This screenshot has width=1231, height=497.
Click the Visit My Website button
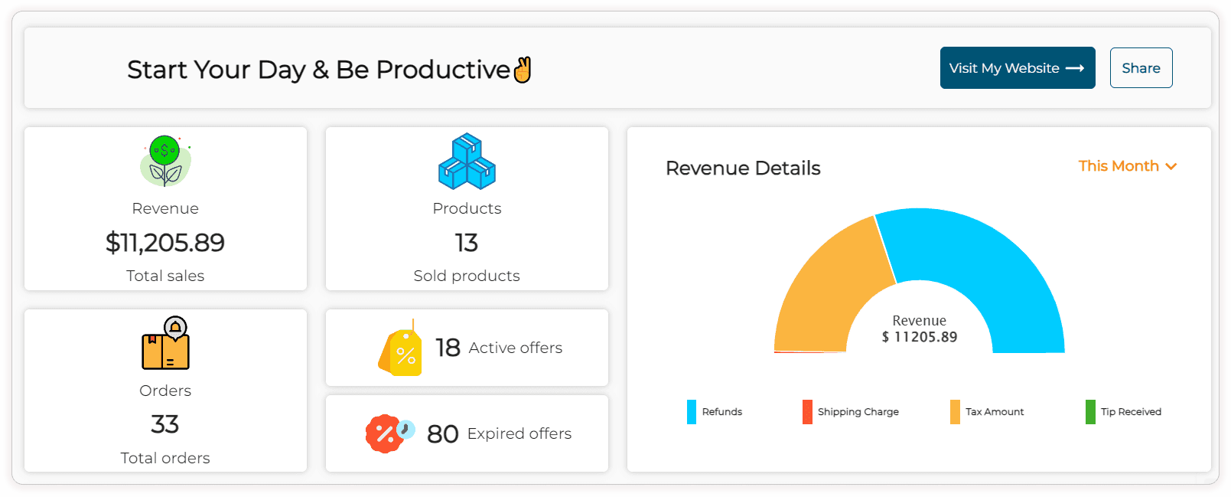(1017, 68)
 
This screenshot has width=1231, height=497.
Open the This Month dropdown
(1127, 166)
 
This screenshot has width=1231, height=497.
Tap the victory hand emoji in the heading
(523, 70)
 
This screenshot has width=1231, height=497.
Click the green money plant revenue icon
(165, 162)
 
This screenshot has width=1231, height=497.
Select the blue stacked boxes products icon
(467, 162)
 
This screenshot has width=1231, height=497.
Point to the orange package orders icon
(166, 344)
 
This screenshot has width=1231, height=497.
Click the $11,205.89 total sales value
(165, 243)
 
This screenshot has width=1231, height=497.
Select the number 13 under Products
(467, 243)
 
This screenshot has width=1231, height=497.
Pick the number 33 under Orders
(165, 424)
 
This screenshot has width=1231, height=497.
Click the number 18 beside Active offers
(448, 348)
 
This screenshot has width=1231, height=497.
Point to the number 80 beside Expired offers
(442, 434)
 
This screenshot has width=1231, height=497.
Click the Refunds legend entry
(715, 412)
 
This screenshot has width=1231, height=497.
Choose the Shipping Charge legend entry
(851, 412)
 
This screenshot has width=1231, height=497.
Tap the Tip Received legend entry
(1123, 412)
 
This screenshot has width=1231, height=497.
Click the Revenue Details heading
(743, 168)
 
